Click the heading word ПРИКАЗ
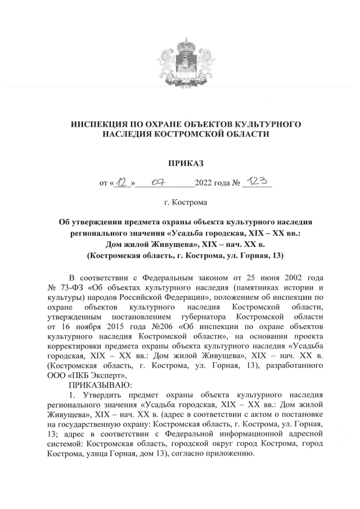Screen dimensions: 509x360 tap(185, 164)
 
